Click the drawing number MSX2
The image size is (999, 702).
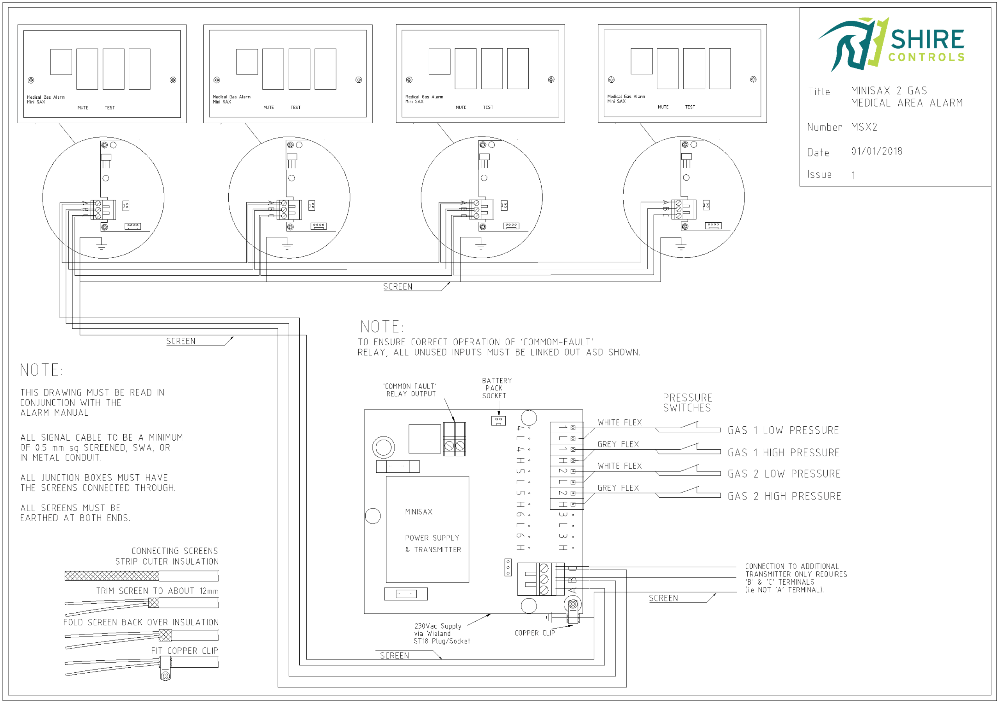[864, 127]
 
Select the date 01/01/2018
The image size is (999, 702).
[876, 151]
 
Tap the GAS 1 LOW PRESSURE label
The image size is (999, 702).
[783, 431]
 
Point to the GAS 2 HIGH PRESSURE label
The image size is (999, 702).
[784, 496]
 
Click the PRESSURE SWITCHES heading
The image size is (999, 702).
[687, 403]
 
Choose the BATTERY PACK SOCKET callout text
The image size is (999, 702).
[496, 388]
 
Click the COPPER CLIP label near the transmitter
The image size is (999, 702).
[534, 633]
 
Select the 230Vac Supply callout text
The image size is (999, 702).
[438, 626]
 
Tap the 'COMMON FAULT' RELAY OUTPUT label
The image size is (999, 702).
[410, 390]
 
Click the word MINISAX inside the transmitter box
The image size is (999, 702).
[419, 512]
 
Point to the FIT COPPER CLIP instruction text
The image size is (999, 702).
[185, 651]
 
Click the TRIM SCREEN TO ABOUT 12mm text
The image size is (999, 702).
[157, 590]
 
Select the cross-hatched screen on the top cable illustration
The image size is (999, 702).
[112, 576]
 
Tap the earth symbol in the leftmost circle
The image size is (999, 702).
[101, 246]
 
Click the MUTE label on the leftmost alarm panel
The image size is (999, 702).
[83, 107]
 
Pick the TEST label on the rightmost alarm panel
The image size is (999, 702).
[690, 107]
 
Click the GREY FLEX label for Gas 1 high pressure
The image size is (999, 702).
[618, 445]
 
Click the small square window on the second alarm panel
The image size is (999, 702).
[247, 62]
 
